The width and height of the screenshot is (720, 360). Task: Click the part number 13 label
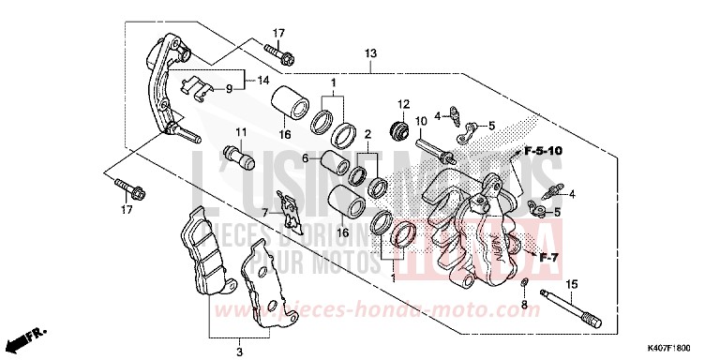(372, 53)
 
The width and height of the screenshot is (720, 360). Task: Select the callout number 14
(262, 80)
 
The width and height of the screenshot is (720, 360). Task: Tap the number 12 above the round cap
(404, 103)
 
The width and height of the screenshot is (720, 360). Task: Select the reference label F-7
(547, 255)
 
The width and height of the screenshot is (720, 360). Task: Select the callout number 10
(421, 121)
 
